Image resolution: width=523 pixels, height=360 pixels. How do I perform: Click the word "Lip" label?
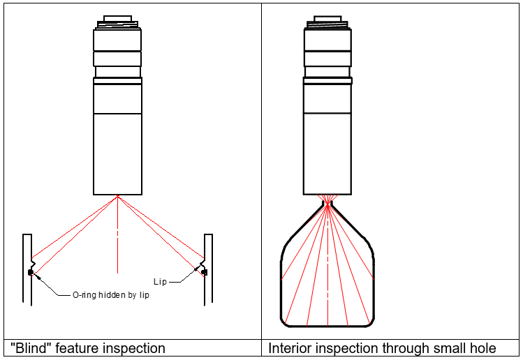coord(160,282)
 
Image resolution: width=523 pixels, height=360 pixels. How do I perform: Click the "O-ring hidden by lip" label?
coord(111,295)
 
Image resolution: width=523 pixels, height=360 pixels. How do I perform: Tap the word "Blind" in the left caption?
coord(31,348)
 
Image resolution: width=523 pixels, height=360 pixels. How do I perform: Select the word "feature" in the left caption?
coord(77,348)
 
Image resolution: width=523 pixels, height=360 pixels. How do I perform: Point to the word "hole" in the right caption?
coord(483,348)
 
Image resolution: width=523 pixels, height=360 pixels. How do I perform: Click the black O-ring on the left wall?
coord(31,273)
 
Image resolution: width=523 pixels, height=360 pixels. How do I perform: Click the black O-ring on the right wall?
coord(205,272)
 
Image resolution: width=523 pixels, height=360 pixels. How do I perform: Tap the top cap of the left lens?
coord(117,18)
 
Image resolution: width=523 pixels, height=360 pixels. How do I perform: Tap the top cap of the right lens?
coord(327,18)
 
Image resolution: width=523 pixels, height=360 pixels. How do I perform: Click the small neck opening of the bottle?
coord(327,203)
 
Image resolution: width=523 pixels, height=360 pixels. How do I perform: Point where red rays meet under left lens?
coord(117,196)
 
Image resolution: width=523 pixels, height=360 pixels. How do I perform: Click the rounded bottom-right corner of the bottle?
coord(371,322)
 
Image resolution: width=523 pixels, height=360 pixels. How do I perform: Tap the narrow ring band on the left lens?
coord(117,81)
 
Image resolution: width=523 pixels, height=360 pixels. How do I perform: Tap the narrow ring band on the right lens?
coord(327,81)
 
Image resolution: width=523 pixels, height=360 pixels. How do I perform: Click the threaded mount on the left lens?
coord(117,24)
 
